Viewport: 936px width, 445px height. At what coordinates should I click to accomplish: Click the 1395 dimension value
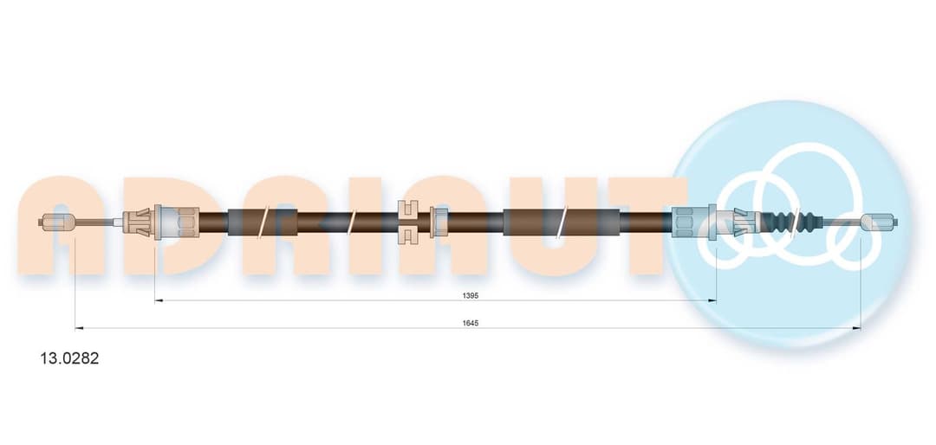point(471,295)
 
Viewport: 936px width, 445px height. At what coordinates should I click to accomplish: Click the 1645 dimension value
point(471,323)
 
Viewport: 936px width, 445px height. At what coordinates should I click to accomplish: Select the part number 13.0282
point(61,358)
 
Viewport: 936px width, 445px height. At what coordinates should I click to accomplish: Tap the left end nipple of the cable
point(57,222)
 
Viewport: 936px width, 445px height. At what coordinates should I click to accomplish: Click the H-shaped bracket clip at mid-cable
point(409,222)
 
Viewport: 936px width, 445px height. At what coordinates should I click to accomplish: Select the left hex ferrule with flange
point(176,222)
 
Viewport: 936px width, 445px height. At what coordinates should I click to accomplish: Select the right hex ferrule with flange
point(694,222)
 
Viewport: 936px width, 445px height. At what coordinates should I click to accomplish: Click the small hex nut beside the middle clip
point(439,222)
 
